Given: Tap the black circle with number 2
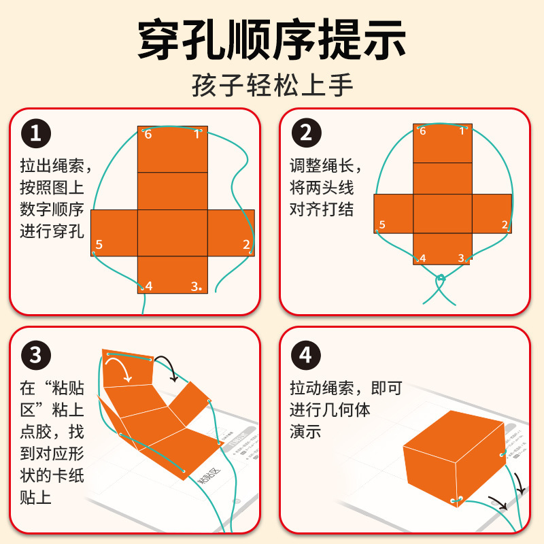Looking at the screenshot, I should [306, 133].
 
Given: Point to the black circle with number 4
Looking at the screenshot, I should [306, 354].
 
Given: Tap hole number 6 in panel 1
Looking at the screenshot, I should [143, 131].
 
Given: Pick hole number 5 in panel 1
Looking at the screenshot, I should [95, 252].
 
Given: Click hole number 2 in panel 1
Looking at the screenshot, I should [251, 252].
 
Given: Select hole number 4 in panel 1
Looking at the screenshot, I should [142, 288].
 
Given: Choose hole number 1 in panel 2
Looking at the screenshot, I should [466, 128].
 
